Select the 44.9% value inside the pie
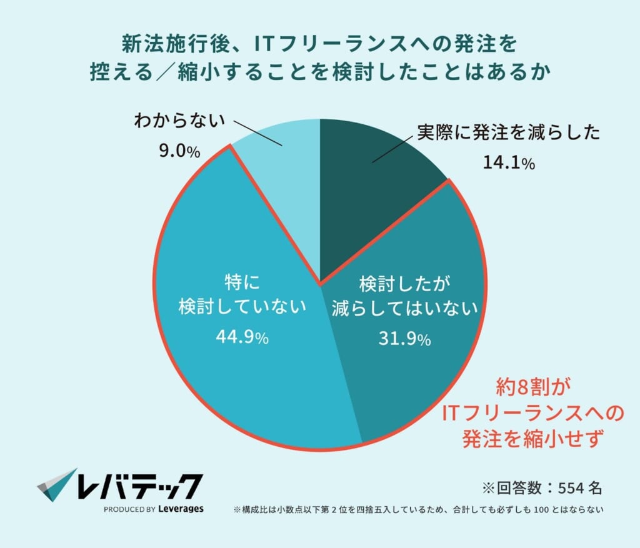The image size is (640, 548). (242, 337)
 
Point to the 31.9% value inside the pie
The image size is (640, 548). (404, 339)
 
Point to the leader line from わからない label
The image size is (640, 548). (256, 133)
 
